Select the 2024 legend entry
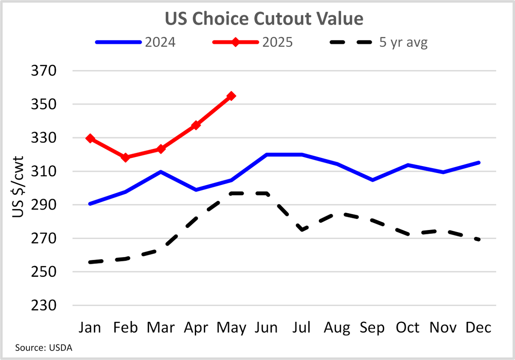click(135, 43)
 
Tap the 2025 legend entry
click(252, 43)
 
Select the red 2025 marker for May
click(231, 96)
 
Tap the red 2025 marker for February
click(125, 157)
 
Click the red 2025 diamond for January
click(90, 138)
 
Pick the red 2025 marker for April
click(196, 125)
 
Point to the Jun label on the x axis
click(266, 328)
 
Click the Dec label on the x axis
click(478, 328)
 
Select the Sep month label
click(372, 328)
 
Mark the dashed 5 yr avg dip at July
click(302, 230)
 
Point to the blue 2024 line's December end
click(479, 163)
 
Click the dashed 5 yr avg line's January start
click(90, 262)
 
